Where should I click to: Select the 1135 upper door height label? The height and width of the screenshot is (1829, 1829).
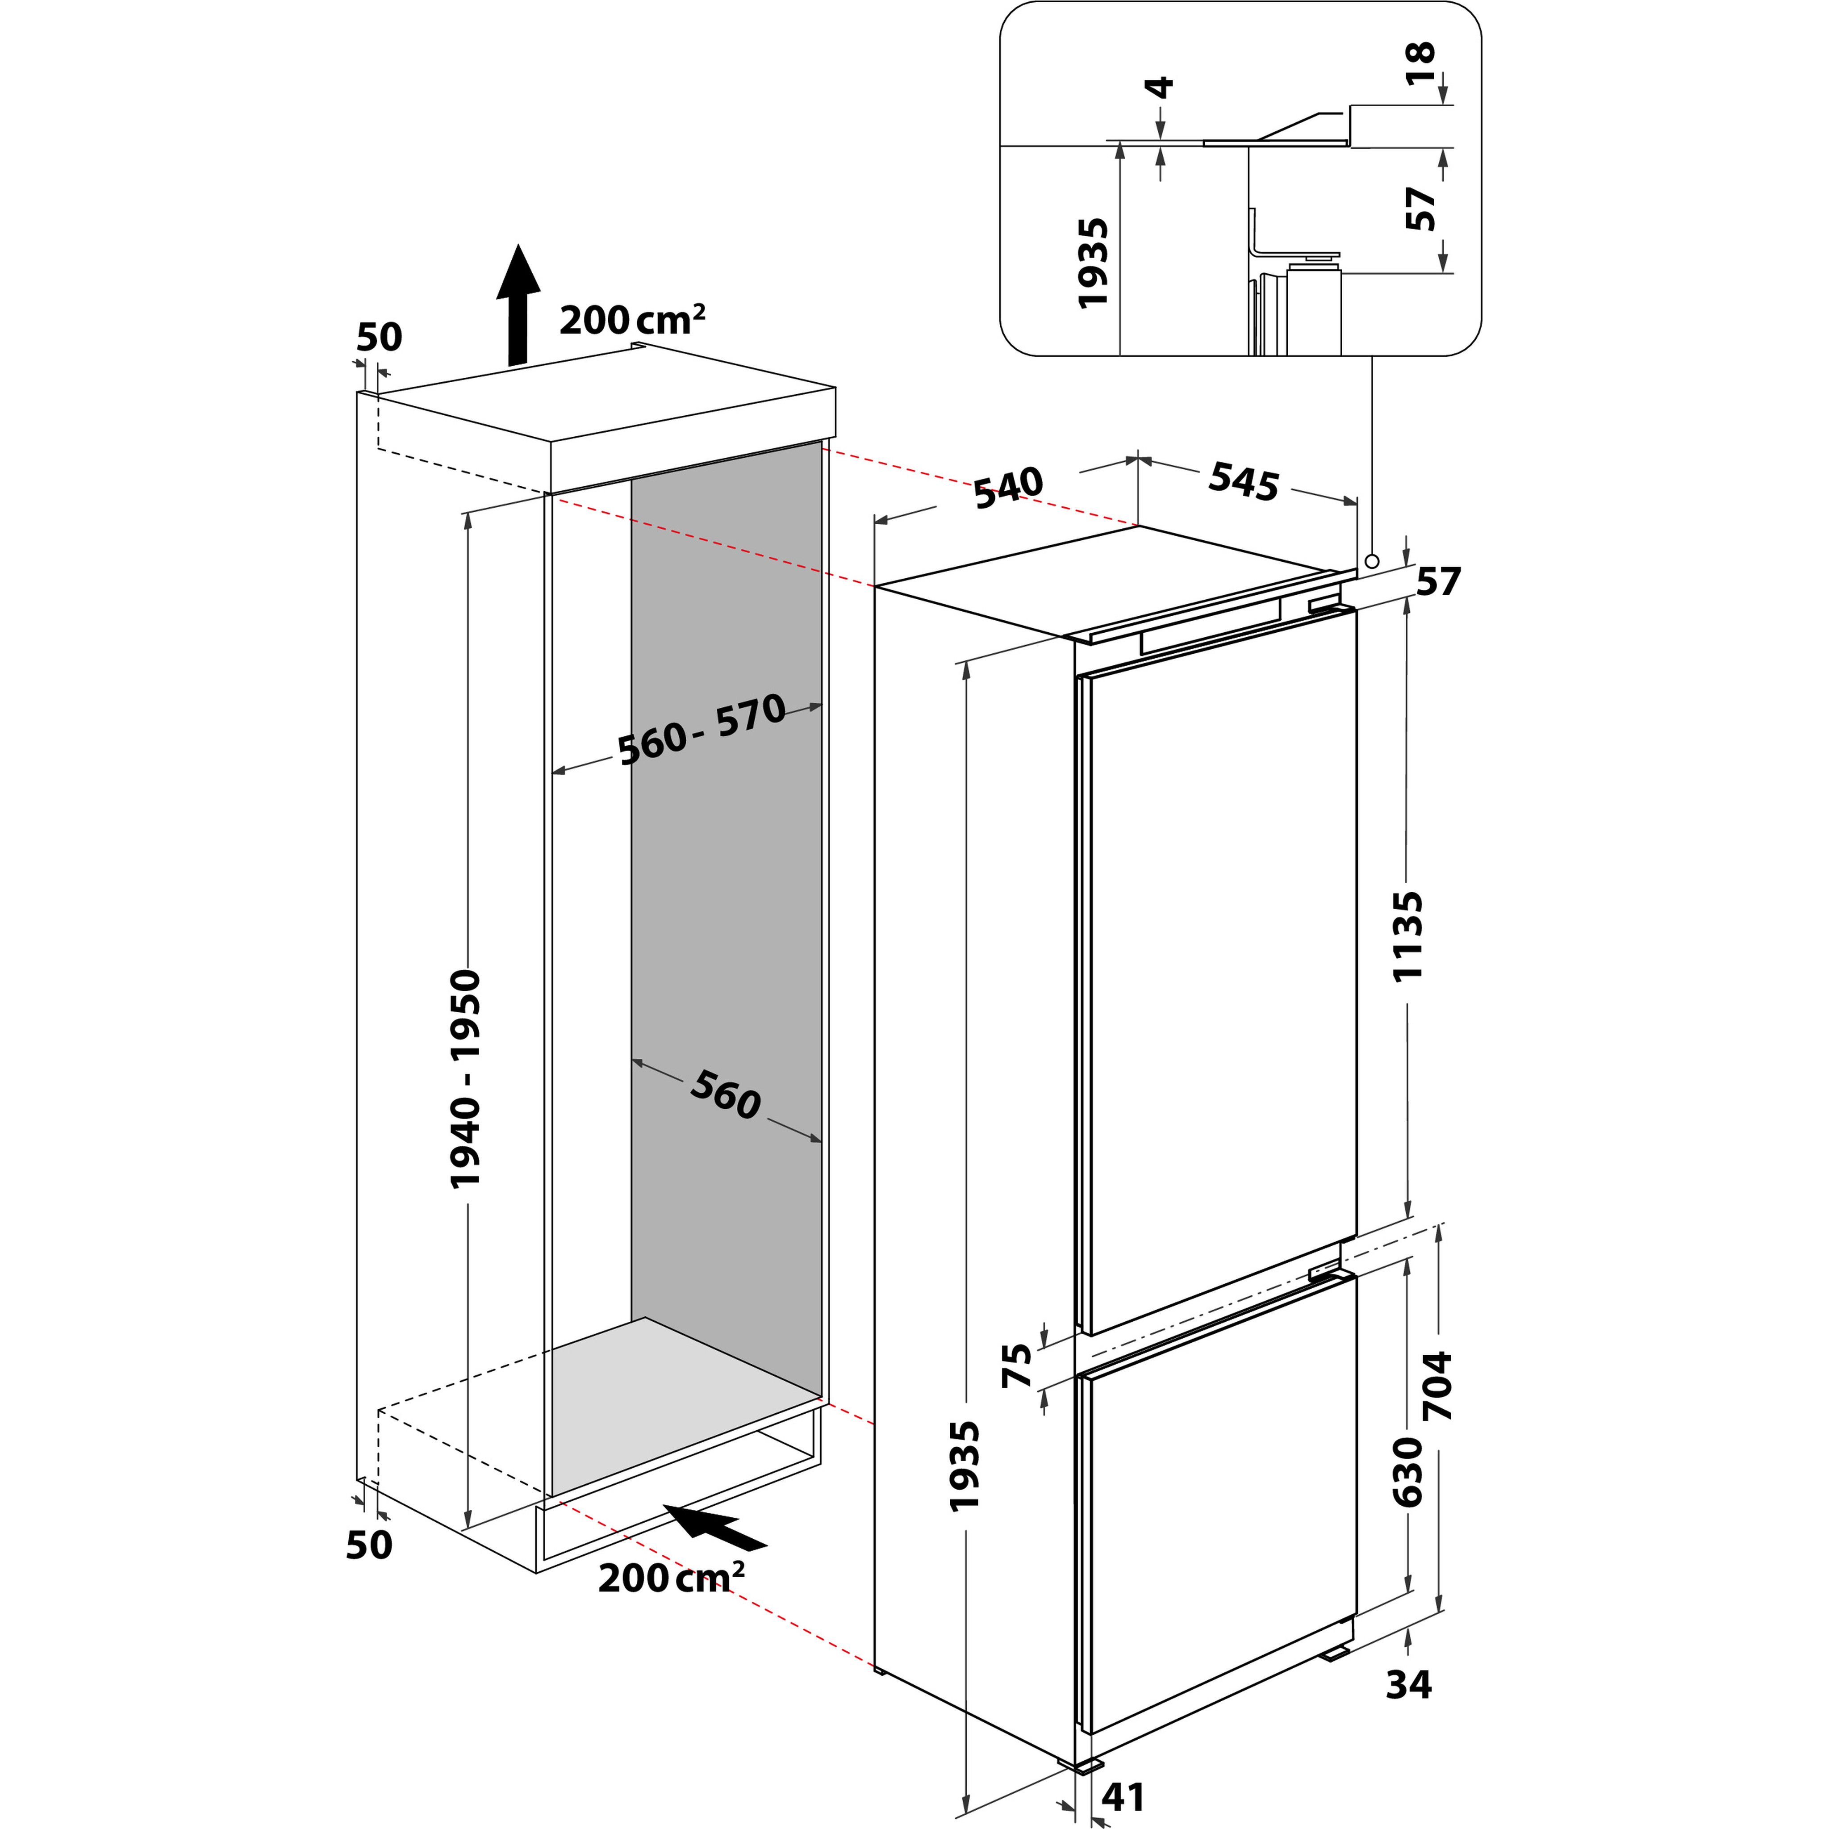point(1408,935)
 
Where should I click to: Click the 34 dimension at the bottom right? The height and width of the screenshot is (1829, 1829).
point(1409,1684)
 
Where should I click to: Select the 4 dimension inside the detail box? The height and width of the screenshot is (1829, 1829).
point(1160,88)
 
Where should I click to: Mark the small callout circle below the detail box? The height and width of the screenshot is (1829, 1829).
point(1372,561)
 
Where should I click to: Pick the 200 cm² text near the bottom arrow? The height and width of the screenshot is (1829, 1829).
point(670,1578)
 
